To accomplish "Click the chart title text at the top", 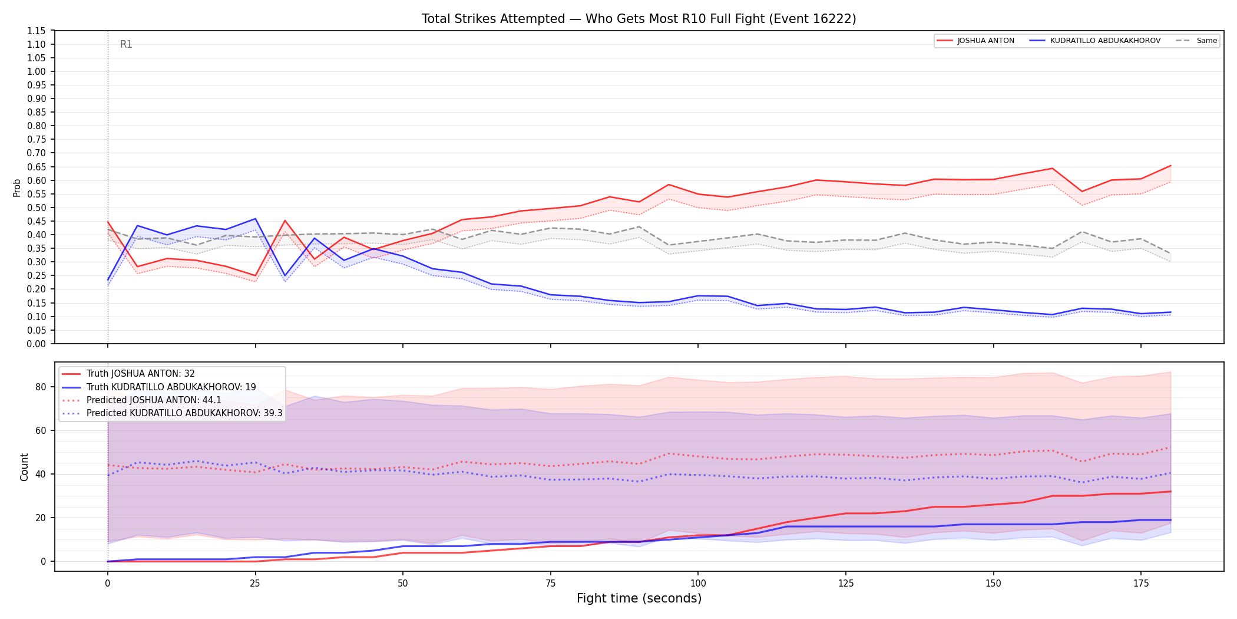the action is pyautogui.click(x=639, y=19).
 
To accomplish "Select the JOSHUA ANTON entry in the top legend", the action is pyautogui.click(x=975, y=41).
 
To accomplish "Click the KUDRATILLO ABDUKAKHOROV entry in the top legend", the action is pyautogui.click(x=1095, y=41).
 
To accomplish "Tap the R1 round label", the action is pyautogui.click(x=126, y=44).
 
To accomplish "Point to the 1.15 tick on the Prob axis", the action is pyautogui.click(x=37, y=31).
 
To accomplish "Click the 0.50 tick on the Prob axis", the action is pyautogui.click(x=37, y=208).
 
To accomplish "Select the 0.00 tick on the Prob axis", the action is pyautogui.click(x=37, y=344).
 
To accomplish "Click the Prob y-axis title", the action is pyautogui.click(x=16, y=187).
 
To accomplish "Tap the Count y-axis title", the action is pyautogui.click(x=24, y=467).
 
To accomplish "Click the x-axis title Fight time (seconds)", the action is pyautogui.click(x=639, y=598).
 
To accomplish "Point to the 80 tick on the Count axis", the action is pyautogui.click(x=40, y=387).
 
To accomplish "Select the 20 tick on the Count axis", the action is pyautogui.click(x=40, y=518).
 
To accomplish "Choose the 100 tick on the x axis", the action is pyautogui.click(x=698, y=584).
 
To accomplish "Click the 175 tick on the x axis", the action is pyautogui.click(x=1141, y=584).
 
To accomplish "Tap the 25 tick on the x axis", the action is pyautogui.click(x=255, y=584).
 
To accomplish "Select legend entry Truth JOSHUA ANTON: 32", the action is pyautogui.click(x=128, y=374).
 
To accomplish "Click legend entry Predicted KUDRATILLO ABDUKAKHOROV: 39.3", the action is pyautogui.click(x=172, y=413).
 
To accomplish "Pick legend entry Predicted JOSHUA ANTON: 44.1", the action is pyautogui.click(x=142, y=400).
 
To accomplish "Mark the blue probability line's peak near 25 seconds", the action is pyautogui.click(x=255, y=219).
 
